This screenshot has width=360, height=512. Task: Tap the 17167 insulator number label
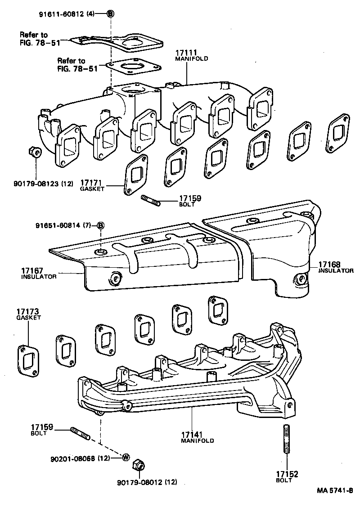pos(32,271)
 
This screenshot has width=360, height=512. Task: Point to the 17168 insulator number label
pos(329,265)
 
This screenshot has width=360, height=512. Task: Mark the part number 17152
pos(287,474)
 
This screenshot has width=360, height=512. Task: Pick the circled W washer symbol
pos(126,458)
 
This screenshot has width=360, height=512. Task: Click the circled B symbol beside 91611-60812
pos(110,13)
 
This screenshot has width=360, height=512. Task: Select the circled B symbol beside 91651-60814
pos(101,225)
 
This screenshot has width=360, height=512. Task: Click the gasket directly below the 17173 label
pos(28,357)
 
